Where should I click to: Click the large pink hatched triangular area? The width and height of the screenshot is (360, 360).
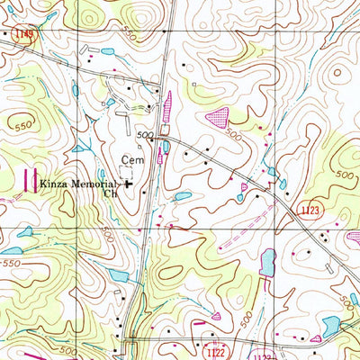coord(218,115)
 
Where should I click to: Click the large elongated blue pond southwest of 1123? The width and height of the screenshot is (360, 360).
coord(267,262)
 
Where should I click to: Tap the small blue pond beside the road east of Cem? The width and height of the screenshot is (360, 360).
coord(166,146)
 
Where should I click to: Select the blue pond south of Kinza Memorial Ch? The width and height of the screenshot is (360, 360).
coord(183,196)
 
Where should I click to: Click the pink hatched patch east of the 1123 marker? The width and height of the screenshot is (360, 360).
coord(353,237)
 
